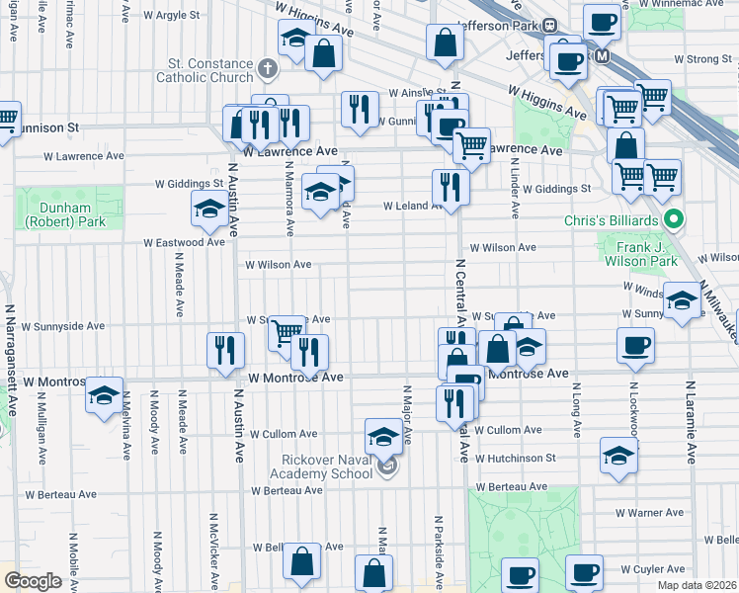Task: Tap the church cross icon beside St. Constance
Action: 267,69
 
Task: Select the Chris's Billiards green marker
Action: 674,218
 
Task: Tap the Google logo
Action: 33,581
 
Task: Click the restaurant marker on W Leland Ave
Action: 450,187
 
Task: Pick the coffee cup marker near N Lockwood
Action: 634,345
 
